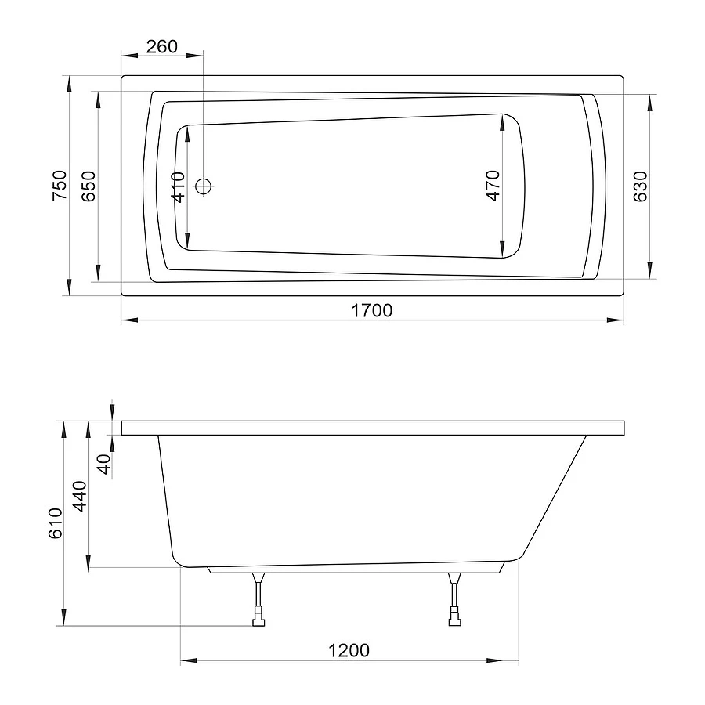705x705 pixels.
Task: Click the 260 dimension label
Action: pos(162,46)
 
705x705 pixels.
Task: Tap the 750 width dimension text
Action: pos(60,185)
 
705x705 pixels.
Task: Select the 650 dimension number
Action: pos(89,186)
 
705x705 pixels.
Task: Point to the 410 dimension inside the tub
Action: pos(179,187)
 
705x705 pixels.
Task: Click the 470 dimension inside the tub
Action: pos(493,186)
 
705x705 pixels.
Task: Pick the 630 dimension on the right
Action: pos(640,186)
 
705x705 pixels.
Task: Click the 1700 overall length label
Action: pos(371,310)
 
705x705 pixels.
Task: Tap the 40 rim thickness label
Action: pos(104,464)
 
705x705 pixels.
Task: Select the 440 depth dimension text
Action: pos(80,496)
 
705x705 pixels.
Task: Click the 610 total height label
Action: pos(56,523)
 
